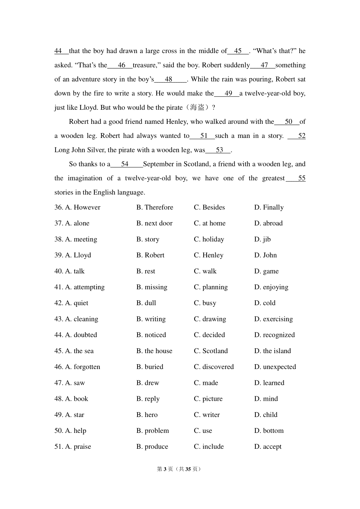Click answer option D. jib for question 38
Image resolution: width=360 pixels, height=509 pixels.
[262, 239]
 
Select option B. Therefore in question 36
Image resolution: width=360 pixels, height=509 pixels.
[155, 207]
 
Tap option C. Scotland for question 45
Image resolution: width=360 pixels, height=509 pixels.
[211, 351]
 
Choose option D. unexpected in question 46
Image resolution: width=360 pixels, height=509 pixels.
[275, 367]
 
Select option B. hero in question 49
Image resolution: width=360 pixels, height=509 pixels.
[147, 415]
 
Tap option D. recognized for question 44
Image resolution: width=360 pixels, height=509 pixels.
[274, 335]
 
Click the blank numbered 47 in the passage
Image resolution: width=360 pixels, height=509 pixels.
[264, 65]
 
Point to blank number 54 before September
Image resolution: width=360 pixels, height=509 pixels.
[125, 164]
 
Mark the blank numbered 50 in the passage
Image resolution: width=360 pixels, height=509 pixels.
[288, 122]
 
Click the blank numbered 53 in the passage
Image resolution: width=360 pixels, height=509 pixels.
[220, 150]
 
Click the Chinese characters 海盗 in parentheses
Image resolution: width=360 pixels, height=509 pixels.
[197, 108]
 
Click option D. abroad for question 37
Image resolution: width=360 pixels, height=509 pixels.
[268, 223]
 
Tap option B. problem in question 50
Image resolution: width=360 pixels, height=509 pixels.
[152, 431]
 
